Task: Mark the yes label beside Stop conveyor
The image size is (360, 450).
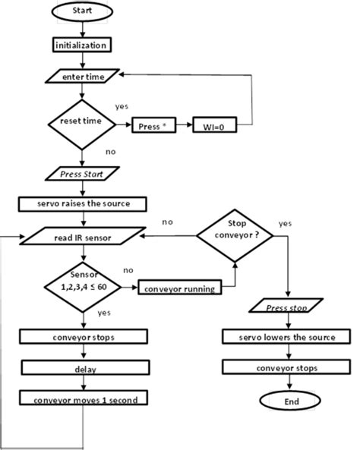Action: click(x=286, y=225)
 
